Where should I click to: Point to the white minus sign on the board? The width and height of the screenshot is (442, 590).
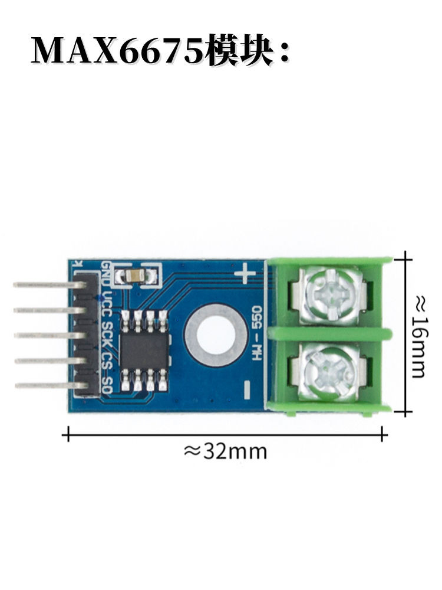(247, 387)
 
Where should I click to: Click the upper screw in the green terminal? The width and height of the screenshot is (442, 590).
(330, 294)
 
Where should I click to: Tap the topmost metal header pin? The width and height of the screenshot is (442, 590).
(44, 285)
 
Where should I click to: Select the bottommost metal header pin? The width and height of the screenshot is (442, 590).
(44, 386)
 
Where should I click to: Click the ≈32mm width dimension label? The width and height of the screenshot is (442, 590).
(225, 452)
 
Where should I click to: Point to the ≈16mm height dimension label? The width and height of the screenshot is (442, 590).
(418, 336)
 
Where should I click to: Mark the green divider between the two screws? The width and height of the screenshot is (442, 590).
(330, 334)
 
